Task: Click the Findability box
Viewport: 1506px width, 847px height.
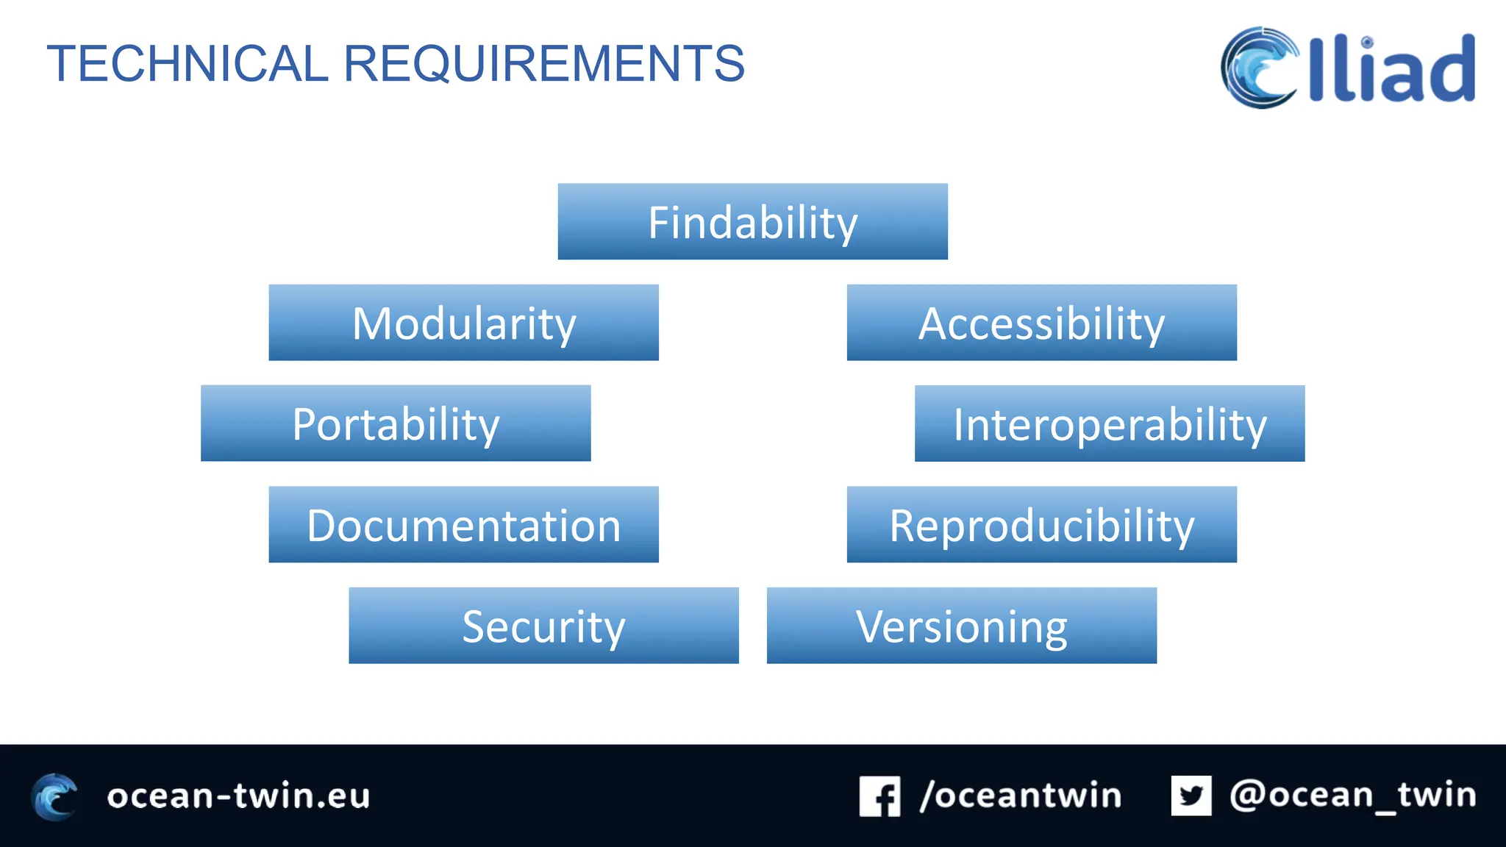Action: click(x=752, y=221)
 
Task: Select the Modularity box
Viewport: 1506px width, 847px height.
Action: click(x=463, y=323)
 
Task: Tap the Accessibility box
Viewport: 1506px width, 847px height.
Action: click(x=1041, y=323)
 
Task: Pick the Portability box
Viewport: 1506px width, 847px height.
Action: click(x=396, y=423)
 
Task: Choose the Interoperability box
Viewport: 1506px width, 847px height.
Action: click(x=1110, y=423)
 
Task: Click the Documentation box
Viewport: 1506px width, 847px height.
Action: click(x=463, y=525)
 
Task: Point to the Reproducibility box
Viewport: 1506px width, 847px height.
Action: click(x=1041, y=525)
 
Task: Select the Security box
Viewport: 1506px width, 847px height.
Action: click(x=543, y=626)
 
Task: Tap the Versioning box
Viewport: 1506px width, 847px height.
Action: click(x=961, y=626)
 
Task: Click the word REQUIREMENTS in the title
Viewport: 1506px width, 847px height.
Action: click(x=544, y=64)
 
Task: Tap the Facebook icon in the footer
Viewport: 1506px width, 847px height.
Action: click(x=879, y=796)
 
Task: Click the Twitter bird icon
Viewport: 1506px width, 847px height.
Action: click(x=1191, y=796)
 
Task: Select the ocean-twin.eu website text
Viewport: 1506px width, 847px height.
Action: click(x=238, y=796)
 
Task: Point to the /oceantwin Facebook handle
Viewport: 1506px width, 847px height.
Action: click(x=1021, y=796)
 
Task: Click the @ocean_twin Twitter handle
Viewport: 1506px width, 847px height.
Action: click(x=1352, y=796)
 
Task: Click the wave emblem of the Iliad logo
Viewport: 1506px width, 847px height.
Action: click(x=1259, y=68)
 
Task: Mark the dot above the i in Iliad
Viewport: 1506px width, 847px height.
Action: click(x=1366, y=42)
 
